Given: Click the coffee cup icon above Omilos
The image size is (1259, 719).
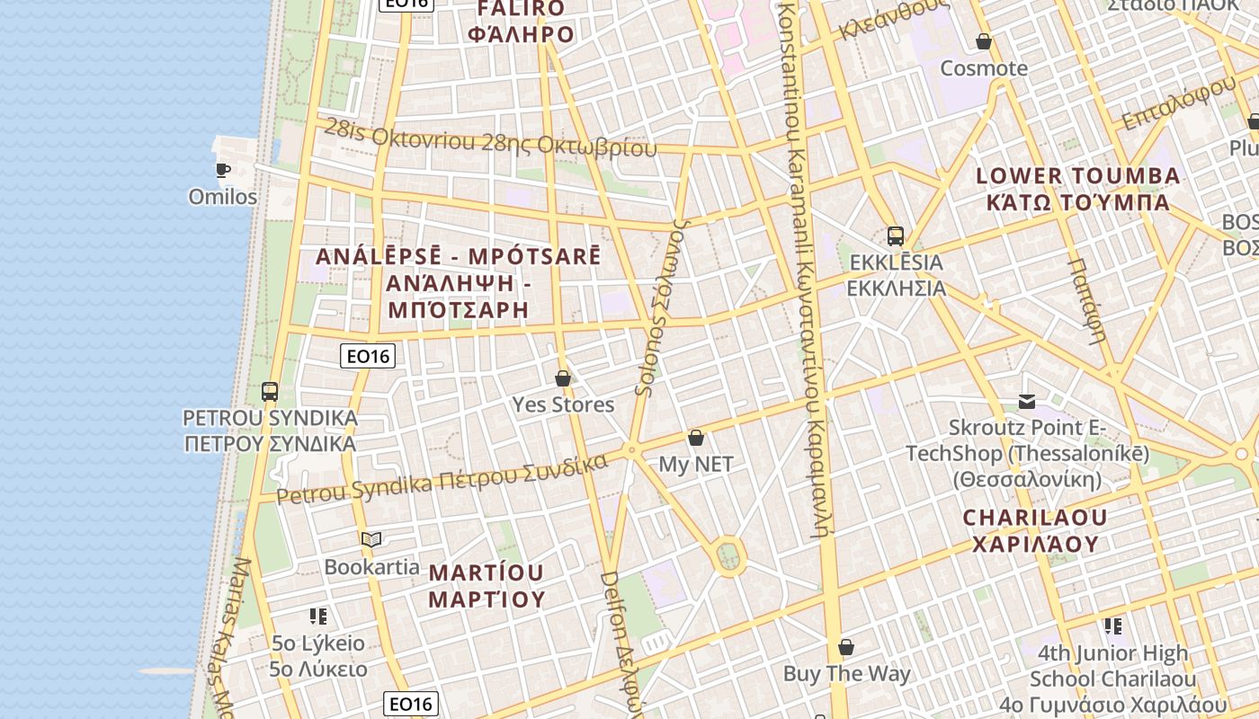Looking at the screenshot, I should point(222,169).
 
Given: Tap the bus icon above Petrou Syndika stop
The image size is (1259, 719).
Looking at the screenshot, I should point(270,392).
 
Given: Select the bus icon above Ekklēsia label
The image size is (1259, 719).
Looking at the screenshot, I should point(895,236).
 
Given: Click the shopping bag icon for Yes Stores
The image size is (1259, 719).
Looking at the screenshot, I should point(563,378).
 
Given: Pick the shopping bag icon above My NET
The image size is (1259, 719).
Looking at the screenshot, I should point(695,439).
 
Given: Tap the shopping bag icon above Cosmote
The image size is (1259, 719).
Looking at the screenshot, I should point(984,42).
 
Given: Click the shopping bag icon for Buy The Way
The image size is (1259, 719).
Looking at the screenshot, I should point(845,648).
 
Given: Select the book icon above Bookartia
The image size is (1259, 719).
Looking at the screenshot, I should point(371,539).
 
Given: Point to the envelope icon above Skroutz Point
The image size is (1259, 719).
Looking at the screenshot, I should point(1027,402).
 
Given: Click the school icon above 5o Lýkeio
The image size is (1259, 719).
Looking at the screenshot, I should point(317,617).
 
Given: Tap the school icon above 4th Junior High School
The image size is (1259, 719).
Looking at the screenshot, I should point(1113,626).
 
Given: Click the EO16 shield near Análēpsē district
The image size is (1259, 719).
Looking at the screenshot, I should point(369,356).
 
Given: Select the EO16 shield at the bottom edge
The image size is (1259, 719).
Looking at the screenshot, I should point(410,704).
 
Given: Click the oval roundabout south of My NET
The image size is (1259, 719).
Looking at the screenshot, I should point(729,556).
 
